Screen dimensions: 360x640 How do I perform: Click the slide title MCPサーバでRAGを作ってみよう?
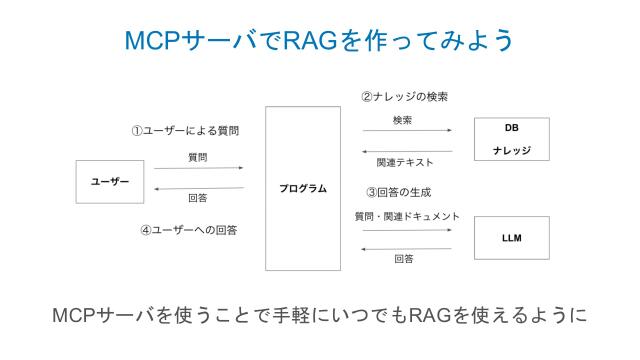tap(320, 40)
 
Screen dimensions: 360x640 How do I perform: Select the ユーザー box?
tap(110, 181)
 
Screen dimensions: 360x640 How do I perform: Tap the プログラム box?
tap(302, 188)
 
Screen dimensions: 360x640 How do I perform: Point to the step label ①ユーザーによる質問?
tap(186, 130)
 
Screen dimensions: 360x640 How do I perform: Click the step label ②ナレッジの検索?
tap(404, 97)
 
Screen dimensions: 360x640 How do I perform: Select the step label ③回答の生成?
tap(398, 192)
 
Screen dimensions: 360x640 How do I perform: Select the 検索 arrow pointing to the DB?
tap(406, 131)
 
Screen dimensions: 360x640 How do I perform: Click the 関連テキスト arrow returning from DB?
tap(406, 151)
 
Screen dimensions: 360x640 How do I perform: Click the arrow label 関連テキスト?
tap(405, 162)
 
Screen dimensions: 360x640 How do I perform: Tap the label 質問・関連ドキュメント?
tap(406, 216)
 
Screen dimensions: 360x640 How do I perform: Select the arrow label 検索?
tap(404, 120)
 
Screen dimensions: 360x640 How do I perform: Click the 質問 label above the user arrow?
tap(197, 157)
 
